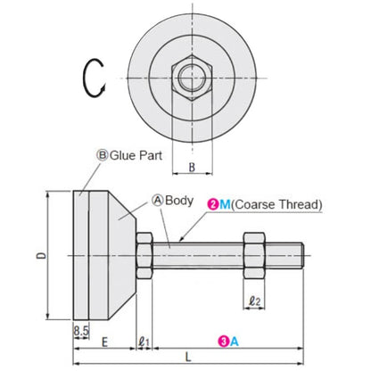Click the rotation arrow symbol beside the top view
tap(95, 78)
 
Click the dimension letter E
tap(105, 341)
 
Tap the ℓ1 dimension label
tap(145, 341)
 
